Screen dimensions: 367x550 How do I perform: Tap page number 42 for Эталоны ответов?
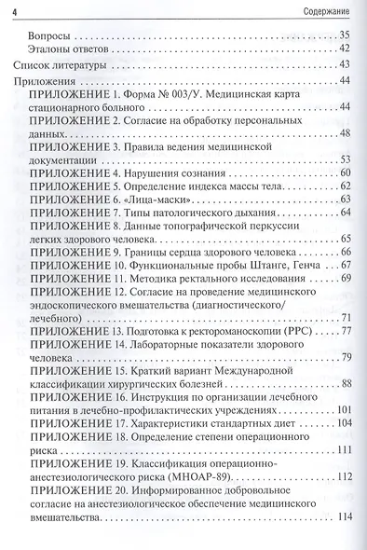tap(344, 48)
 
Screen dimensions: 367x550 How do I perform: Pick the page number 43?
tap(344, 64)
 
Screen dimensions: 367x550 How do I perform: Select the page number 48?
tap(344, 133)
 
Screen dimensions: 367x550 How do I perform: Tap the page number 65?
tap(344, 239)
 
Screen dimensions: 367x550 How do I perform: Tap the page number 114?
tap(342, 517)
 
